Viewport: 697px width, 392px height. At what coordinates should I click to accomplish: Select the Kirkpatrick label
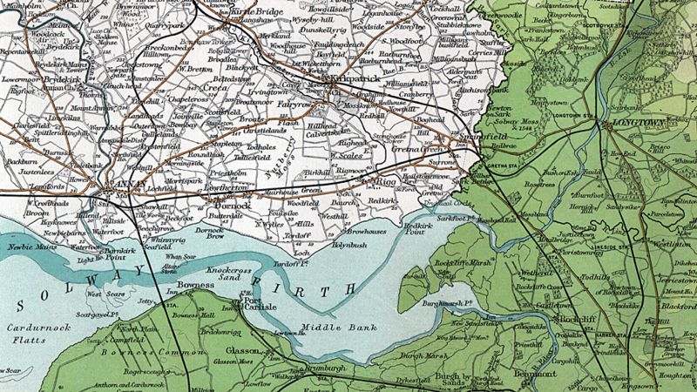(x=350, y=78)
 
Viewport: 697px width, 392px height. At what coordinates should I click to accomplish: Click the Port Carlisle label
(x=258, y=305)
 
